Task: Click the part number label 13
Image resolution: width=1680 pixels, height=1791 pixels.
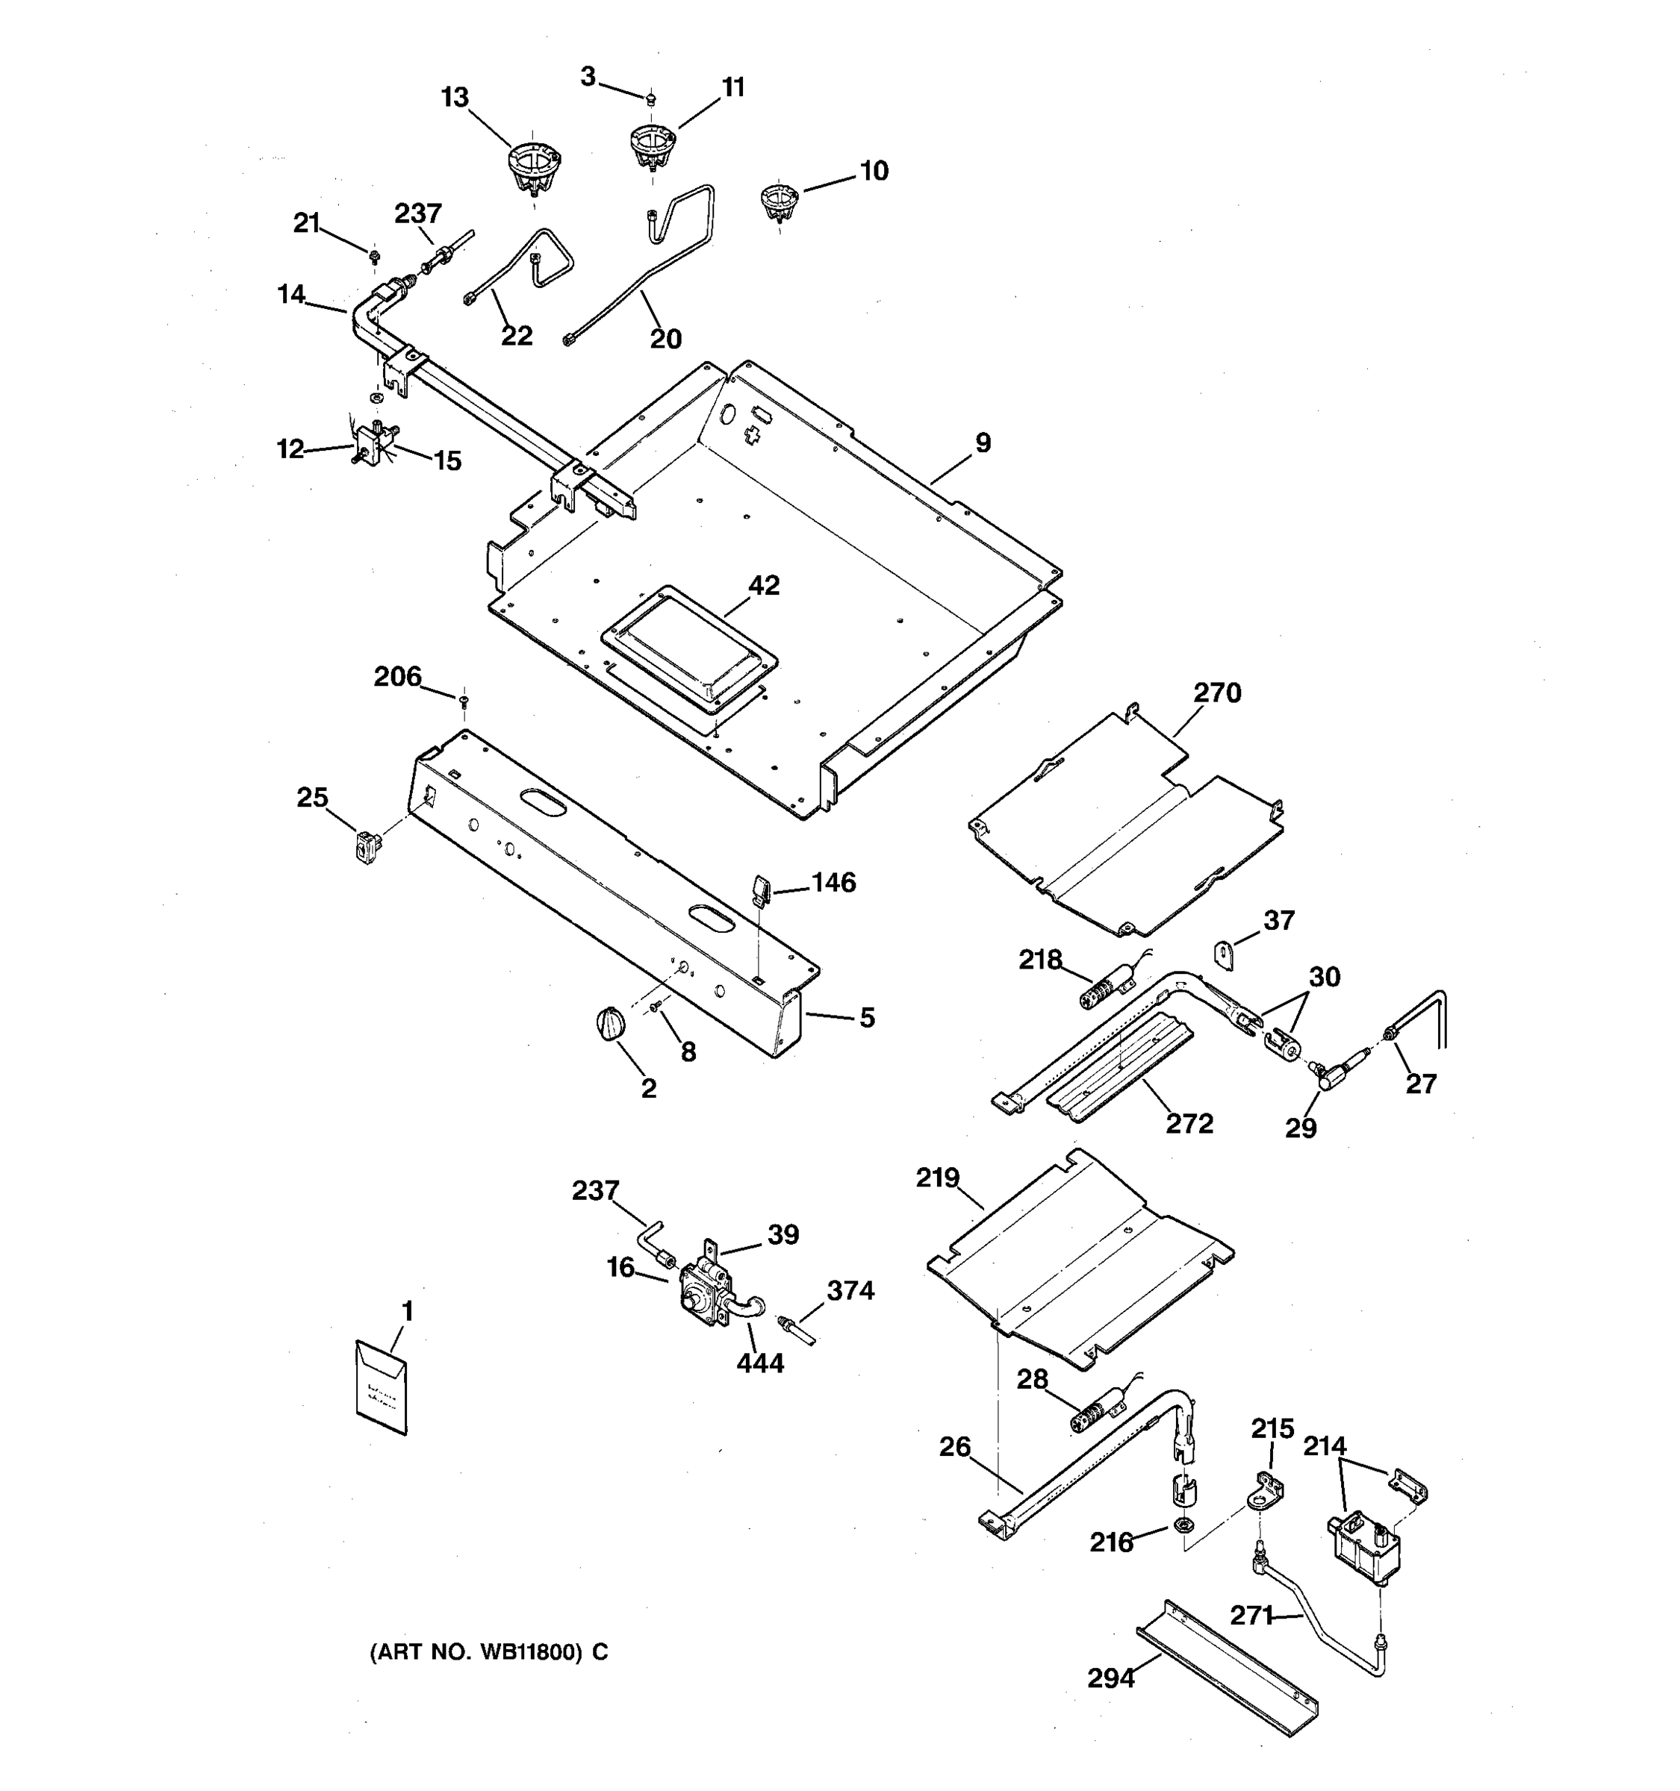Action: point(454,97)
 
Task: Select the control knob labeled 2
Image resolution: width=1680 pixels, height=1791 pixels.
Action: point(609,1025)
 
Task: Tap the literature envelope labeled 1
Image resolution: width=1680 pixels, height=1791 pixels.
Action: point(382,1388)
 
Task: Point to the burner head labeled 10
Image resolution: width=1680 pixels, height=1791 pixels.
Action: point(779,200)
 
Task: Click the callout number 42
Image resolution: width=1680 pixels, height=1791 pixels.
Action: point(763,586)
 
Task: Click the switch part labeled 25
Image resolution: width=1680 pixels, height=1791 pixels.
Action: point(367,847)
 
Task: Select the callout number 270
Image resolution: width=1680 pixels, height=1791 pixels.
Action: point(1217,693)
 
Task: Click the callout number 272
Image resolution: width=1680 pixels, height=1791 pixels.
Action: point(1189,1123)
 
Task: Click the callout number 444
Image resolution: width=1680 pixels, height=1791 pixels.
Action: point(760,1363)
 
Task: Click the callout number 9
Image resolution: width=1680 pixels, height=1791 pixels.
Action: point(983,443)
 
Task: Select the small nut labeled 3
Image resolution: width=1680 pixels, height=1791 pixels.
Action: point(652,99)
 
